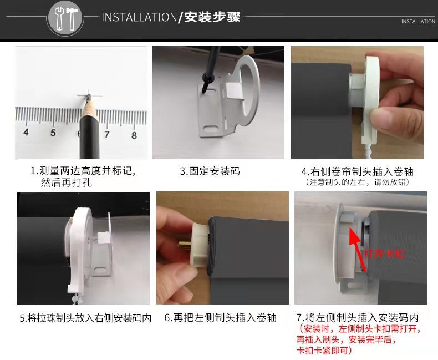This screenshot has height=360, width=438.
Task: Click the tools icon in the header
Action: pyautogui.click(x=65, y=18)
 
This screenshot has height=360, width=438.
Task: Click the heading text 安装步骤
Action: pyautogui.click(x=212, y=17)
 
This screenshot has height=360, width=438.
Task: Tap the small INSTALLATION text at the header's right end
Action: pyautogui.click(x=418, y=22)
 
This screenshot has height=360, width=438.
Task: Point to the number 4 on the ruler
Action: pyautogui.click(x=26, y=132)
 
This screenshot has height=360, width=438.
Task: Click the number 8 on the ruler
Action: pyautogui.click(x=134, y=135)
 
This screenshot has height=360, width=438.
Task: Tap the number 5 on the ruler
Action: pyautogui.click(x=53, y=133)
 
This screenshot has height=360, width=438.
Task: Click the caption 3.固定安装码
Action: pyautogui.click(x=210, y=171)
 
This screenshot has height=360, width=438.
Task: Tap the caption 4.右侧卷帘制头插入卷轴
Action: pyautogui.click(x=357, y=171)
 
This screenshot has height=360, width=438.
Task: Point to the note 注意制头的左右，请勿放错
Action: pyautogui.click(x=357, y=182)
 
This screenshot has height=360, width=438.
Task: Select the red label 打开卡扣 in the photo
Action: pyautogui.click(x=384, y=254)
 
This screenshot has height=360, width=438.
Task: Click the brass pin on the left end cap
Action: pyautogui.click(x=185, y=246)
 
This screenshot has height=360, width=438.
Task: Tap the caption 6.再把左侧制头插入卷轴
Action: pyautogui.click(x=221, y=318)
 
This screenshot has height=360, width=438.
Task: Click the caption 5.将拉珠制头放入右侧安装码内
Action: pyautogui.click(x=85, y=318)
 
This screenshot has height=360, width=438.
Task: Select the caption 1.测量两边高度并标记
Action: pyautogui.click(x=83, y=171)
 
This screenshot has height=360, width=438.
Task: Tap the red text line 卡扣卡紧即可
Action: pyautogui.click(x=324, y=351)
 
